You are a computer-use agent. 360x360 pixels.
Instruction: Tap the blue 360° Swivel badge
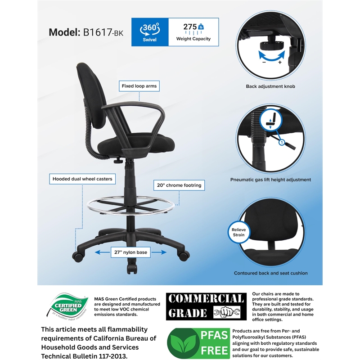[150, 32]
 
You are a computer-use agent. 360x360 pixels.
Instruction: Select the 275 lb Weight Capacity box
[193, 32]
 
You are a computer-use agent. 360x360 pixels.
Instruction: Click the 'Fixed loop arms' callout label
[140, 85]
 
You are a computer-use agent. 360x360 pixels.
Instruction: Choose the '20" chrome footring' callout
[179, 185]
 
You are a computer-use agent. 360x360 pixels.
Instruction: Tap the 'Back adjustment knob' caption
[270, 86]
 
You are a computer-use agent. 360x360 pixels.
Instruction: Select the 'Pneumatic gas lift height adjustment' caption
[270, 180]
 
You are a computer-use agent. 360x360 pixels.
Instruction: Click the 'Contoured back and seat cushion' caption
[270, 273]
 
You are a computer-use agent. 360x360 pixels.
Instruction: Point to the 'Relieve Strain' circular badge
[239, 232]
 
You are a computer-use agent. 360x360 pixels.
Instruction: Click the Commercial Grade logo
[205, 306]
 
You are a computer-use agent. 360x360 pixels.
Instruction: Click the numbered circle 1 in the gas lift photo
[282, 143]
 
